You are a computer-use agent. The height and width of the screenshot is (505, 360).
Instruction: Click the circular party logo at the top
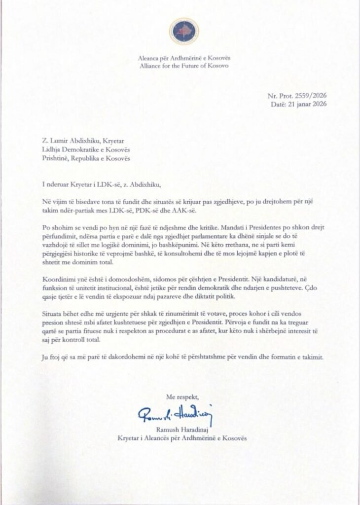coord(184,31)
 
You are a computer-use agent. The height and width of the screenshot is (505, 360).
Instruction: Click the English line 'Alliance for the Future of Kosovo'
coord(184,66)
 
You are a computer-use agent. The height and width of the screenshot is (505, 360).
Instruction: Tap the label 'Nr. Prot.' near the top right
coord(280,96)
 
